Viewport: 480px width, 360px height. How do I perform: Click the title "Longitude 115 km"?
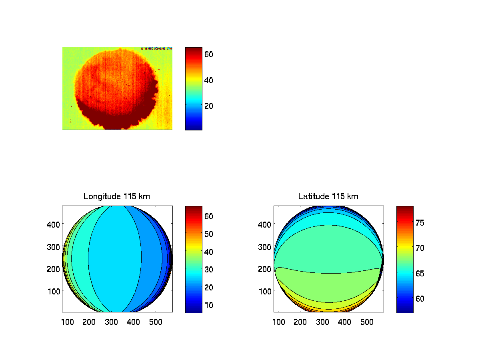click(x=117, y=196)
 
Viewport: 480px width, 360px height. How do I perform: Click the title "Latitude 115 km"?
click(x=328, y=196)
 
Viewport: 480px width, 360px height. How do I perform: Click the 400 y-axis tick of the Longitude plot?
click(x=54, y=224)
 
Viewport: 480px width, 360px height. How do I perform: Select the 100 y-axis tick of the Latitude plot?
click(x=266, y=291)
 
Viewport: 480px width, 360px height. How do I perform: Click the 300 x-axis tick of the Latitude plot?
click(x=322, y=322)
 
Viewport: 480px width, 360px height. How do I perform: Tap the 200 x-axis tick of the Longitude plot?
click(x=89, y=322)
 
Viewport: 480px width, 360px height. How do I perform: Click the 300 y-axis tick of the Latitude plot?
click(x=266, y=246)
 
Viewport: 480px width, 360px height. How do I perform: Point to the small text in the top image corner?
click(x=156, y=49)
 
